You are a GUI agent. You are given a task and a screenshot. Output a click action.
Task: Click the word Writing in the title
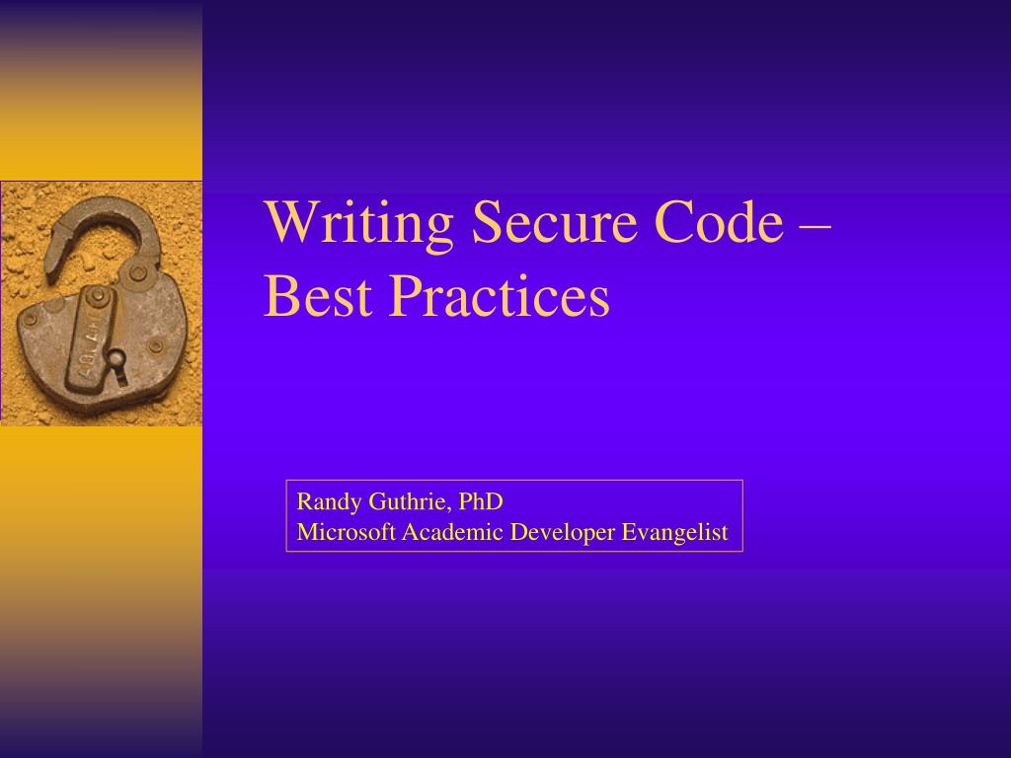point(358,223)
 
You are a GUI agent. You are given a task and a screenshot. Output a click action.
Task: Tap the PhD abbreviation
point(481,501)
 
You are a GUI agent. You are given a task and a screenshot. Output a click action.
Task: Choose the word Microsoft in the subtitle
point(347,533)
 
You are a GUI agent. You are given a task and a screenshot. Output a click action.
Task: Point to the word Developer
point(562,534)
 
